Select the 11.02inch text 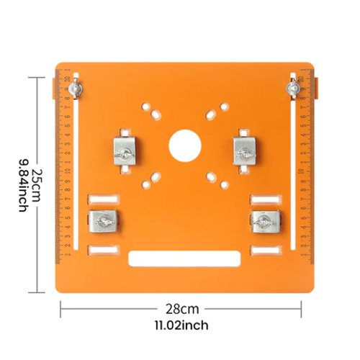pos(180,326)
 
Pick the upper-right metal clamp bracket pos(245,150)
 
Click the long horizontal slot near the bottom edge pos(184,256)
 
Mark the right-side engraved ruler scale pos(306,173)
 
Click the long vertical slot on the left pos(75,173)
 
